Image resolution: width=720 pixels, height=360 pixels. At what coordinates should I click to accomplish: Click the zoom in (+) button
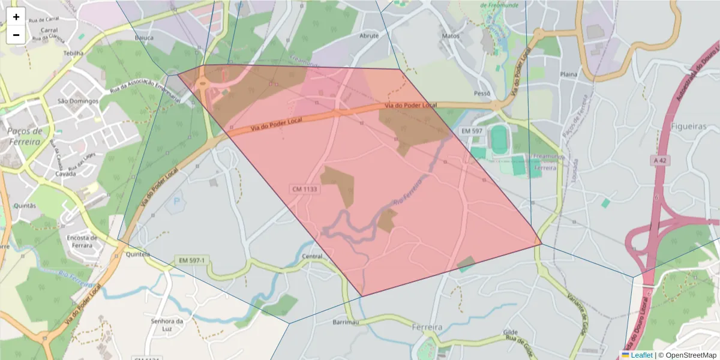pos(16,17)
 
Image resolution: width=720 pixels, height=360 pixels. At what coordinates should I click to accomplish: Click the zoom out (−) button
pos(16,35)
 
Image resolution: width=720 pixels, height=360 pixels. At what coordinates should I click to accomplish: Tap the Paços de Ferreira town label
pos(25,136)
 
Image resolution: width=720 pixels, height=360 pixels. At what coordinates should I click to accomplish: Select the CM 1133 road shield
pos(305,189)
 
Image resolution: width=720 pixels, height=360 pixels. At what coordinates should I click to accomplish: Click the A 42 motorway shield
pos(660,160)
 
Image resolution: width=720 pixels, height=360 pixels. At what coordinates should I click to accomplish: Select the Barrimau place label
pos(345,322)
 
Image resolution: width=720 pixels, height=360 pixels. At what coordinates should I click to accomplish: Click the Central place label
pos(312,256)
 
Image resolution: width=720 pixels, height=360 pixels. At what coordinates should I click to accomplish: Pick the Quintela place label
pos(138,254)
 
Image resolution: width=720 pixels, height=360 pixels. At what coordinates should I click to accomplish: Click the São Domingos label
pos(78,101)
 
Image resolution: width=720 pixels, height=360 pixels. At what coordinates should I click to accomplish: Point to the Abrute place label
pos(368,35)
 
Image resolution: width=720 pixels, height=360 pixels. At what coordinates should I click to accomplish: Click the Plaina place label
pos(568,74)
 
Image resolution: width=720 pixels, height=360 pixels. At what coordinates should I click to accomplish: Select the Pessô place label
pos(482,94)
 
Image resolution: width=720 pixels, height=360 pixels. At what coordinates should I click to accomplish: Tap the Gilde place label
pos(511,332)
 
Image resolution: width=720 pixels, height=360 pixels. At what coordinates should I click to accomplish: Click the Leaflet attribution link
pos(641,355)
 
